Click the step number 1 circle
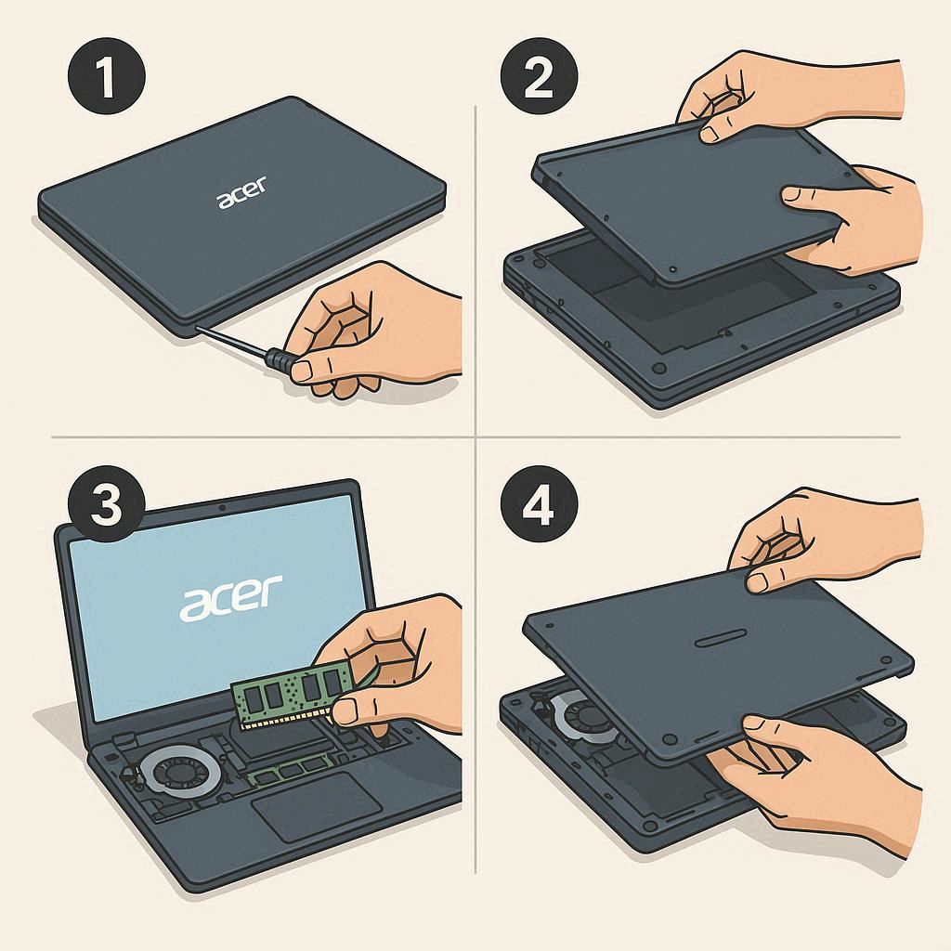click(x=106, y=76)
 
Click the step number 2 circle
click(x=539, y=76)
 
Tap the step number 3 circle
click(x=106, y=504)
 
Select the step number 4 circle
click(x=539, y=504)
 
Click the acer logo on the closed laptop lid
click(x=241, y=193)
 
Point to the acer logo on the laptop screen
click(x=230, y=598)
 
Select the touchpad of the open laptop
click(x=317, y=807)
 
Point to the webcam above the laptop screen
click(x=222, y=507)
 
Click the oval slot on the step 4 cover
click(x=721, y=639)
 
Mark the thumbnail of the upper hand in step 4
click(x=756, y=582)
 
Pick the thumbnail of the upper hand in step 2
click(x=710, y=134)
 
